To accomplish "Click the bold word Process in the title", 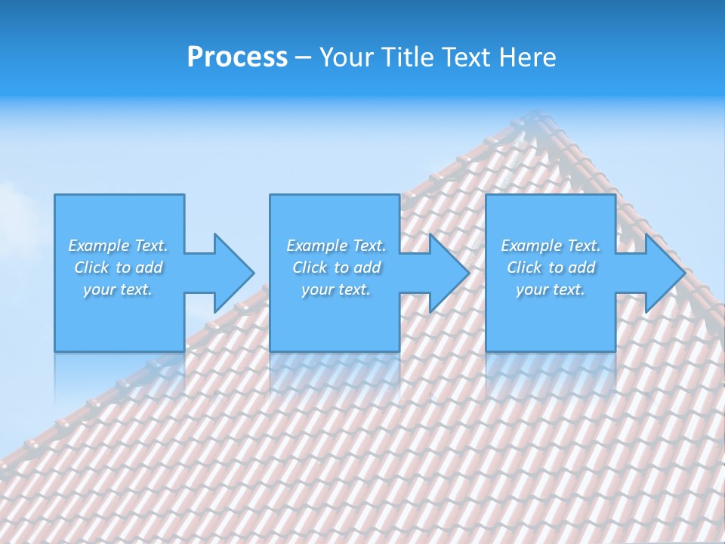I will [x=237, y=57].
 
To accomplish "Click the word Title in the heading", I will [x=407, y=57].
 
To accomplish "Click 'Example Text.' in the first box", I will [x=118, y=246].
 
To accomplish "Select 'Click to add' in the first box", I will [x=119, y=267].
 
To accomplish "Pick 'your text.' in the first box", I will [x=118, y=289].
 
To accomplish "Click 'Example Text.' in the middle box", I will [x=336, y=246].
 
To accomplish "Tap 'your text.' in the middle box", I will [x=336, y=289].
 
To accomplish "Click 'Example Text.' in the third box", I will [x=551, y=246].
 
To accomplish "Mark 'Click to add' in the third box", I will [x=551, y=267].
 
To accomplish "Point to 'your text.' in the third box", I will [x=551, y=289].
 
